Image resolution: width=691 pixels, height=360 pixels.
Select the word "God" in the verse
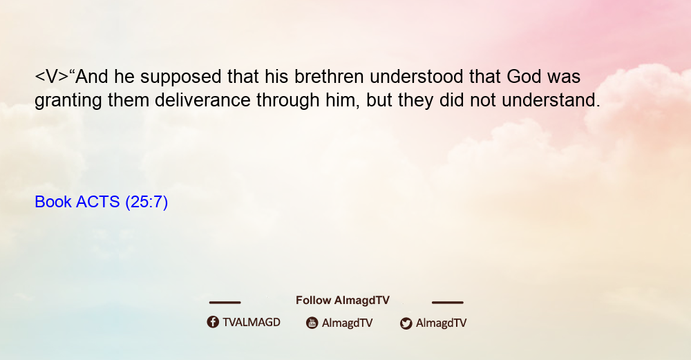pos(524,77)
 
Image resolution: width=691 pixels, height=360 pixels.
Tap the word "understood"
pos(416,77)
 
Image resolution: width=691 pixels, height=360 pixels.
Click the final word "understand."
pos(551,100)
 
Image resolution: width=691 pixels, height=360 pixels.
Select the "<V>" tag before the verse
pos(52,77)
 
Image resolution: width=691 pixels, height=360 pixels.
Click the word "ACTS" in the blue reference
pos(98,202)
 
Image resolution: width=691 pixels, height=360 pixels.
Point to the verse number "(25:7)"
pos(146,202)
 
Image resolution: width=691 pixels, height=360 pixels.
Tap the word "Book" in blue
pos(53,202)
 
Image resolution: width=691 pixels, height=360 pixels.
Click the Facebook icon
pos(213,322)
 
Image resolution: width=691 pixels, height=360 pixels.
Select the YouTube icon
pos(312,323)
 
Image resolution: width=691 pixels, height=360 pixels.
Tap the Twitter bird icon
pos(406,323)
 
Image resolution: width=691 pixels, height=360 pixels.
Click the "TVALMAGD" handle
pos(252,323)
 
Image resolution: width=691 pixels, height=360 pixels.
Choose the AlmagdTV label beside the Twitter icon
pos(441,323)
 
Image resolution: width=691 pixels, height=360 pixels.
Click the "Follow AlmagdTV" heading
pos(343,301)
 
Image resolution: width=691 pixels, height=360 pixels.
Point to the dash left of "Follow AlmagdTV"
pos(225,303)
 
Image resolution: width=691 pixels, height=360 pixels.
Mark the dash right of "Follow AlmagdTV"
pos(448,303)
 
